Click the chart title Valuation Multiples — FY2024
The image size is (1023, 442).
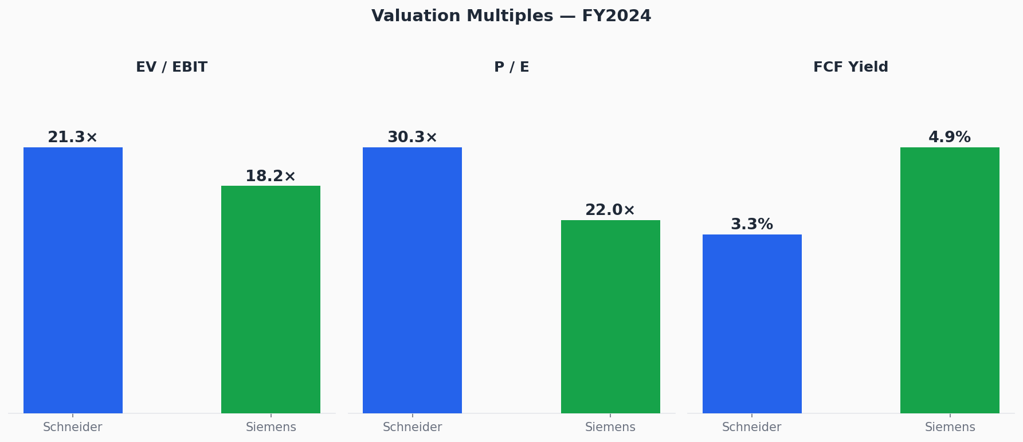pos(511,16)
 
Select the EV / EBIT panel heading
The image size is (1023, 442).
pos(171,67)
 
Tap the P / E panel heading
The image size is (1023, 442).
pos(511,67)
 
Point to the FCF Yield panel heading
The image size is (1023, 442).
pos(850,67)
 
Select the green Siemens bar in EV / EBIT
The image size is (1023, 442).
pos(271,299)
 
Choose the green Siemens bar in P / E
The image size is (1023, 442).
pos(610,316)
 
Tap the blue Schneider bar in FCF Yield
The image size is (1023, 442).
pos(752,323)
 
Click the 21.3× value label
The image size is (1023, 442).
pos(73,138)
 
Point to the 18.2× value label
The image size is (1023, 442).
pos(271,177)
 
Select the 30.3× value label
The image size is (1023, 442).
pos(412,138)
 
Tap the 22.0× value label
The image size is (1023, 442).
pos(610,210)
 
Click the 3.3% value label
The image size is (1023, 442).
pos(752,225)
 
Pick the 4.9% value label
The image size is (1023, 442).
pos(950,138)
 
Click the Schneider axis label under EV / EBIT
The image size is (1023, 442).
pos(73,427)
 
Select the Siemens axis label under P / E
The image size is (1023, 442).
pos(610,427)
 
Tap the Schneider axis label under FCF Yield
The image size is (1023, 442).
pos(752,427)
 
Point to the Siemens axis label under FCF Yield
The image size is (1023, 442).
pos(950,427)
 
